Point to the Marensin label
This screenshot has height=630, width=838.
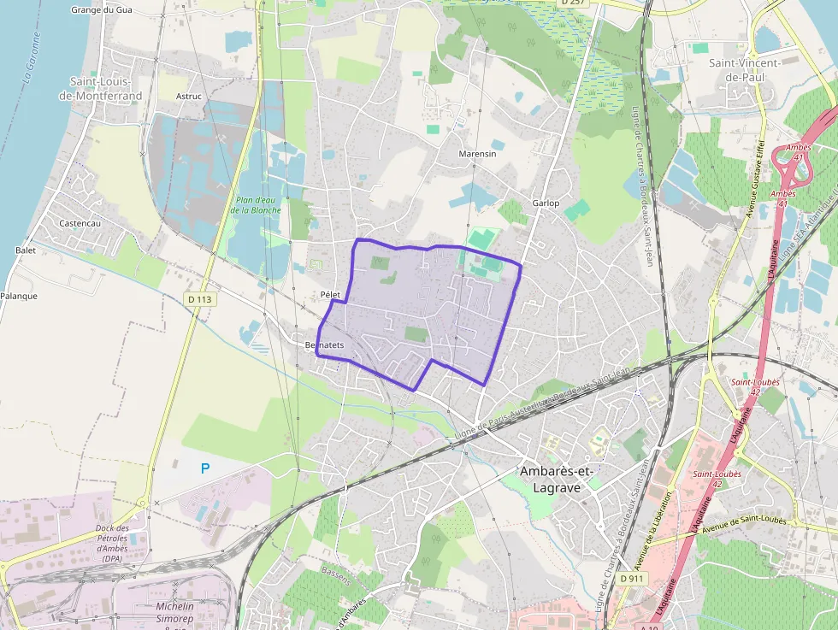[477, 154]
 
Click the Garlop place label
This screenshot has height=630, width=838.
[546, 203]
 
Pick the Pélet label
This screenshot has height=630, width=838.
[330, 295]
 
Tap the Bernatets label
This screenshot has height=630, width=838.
[324, 344]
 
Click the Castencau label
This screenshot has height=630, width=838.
[80, 223]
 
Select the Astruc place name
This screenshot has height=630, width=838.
[188, 97]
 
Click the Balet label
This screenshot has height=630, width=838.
[26, 250]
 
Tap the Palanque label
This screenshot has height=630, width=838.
[19, 296]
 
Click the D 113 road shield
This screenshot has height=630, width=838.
[199, 299]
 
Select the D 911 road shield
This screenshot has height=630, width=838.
[632, 579]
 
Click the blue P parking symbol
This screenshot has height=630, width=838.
[204, 468]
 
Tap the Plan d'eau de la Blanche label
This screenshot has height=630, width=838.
[256, 205]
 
